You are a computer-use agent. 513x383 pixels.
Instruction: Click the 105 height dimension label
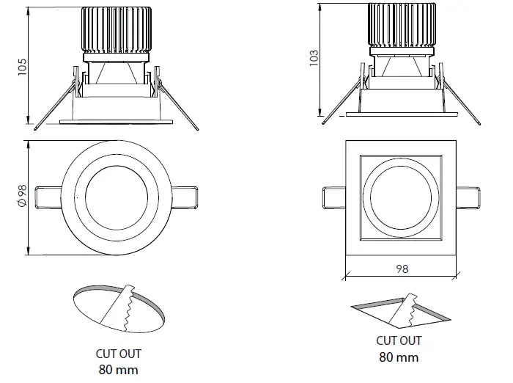pyautogui.click(x=22, y=67)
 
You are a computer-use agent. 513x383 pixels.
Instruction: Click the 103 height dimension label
pyautogui.click(x=314, y=59)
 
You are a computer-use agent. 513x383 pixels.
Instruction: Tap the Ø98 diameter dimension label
pyautogui.click(x=21, y=196)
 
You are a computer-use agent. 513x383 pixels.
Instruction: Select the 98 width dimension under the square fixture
pyautogui.click(x=401, y=269)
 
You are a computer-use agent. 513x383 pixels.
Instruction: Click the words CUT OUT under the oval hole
pyautogui.click(x=118, y=354)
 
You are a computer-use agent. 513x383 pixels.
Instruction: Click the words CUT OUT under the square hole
pyautogui.click(x=399, y=340)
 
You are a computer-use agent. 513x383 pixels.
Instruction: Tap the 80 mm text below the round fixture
pyautogui.click(x=118, y=369)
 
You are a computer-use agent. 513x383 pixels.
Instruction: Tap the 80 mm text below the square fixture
pyautogui.click(x=399, y=357)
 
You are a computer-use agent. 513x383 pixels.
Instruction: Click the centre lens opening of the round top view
pyautogui.click(x=118, y=197)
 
